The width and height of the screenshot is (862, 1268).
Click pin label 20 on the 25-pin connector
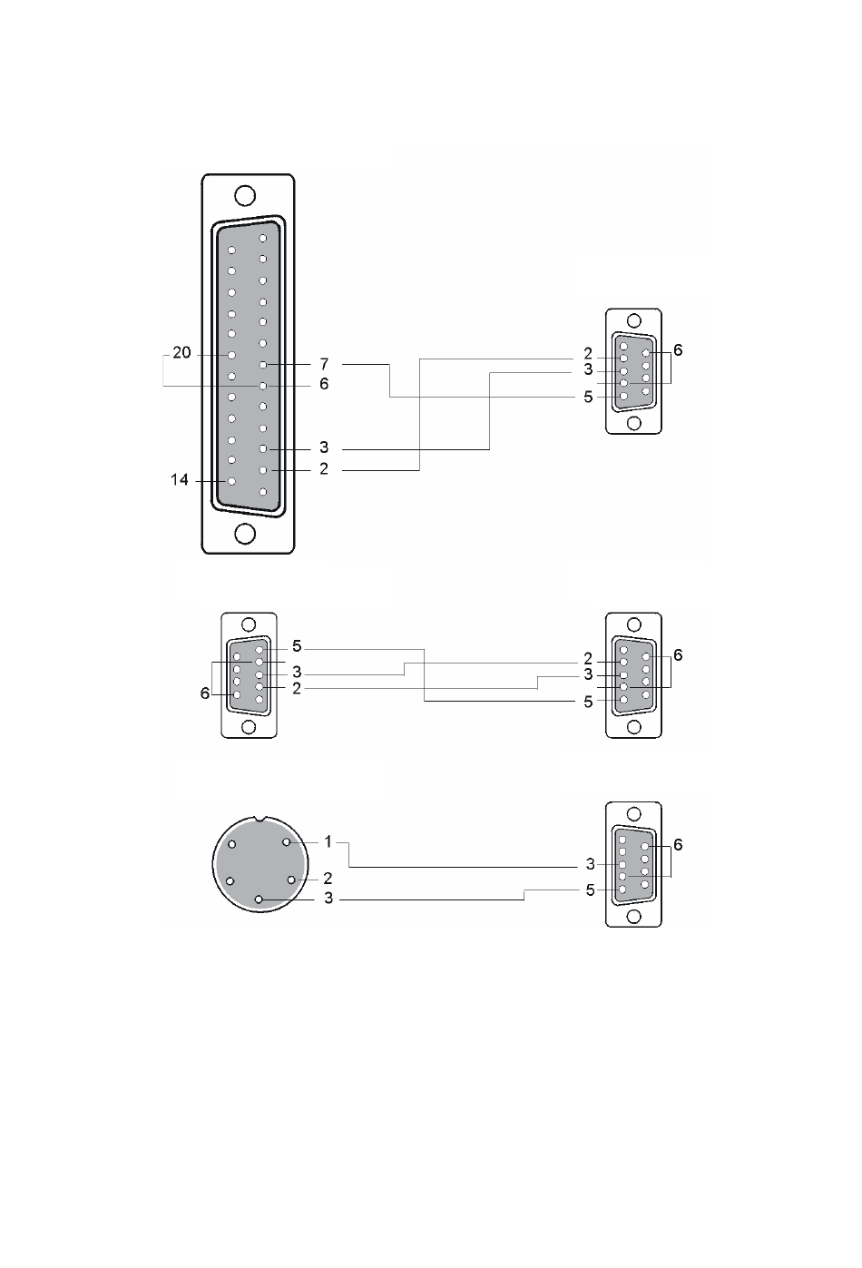pyautogui.click(x=181, y=353)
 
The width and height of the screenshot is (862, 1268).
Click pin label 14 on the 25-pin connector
pyautogui.click(x=180, y=480)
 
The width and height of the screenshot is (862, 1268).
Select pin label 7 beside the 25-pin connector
pyautogui.click(x=324, y=363)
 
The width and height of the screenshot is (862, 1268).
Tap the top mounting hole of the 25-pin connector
pyautogui.click(x=244, y=195)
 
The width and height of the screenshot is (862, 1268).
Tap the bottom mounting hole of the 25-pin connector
pyautogui.click(x=244, y=534)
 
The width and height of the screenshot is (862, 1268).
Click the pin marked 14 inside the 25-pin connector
pyautogui.click(x=231, y=481)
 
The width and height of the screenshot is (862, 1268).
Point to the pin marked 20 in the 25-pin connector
pyautogui.click(x=231, y=355)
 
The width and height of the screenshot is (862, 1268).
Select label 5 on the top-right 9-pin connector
pyautogui.click(x=588, y=397)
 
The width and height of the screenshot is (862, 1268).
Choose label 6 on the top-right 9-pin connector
pyautogui.click(x=678, y=349)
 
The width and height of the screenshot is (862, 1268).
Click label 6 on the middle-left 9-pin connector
pyautogui.click(x=205, y=693)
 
